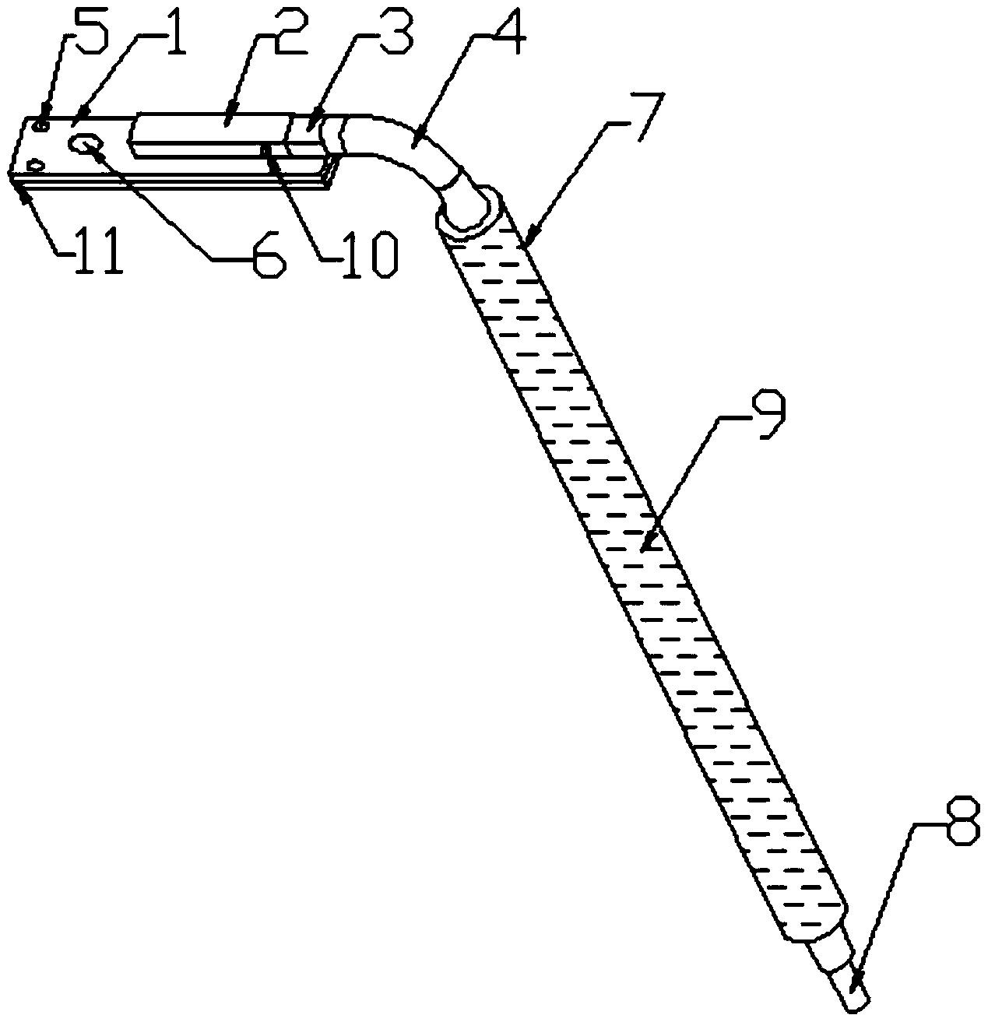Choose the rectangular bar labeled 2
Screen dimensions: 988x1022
pos(210,134)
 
